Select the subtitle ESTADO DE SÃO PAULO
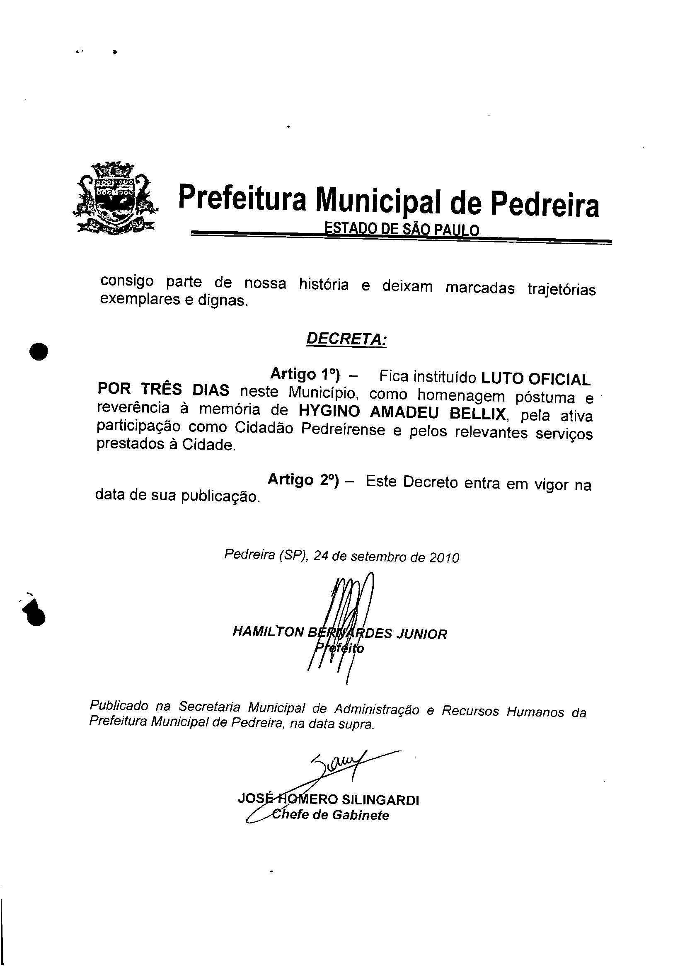401,230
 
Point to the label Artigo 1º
305,374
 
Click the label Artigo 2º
303,479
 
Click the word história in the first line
324,285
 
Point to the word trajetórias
562,289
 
